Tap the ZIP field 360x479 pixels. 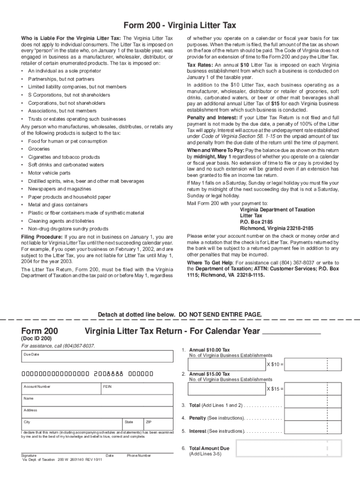pyautogui.click(x=158, y=425)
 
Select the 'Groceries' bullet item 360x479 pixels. pyautogui.click(x=39, y=149)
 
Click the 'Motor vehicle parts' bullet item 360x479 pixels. pyautogui.click(x=49, y=173)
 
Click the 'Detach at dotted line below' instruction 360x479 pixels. pyautogui.click(x=180, y=314)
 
